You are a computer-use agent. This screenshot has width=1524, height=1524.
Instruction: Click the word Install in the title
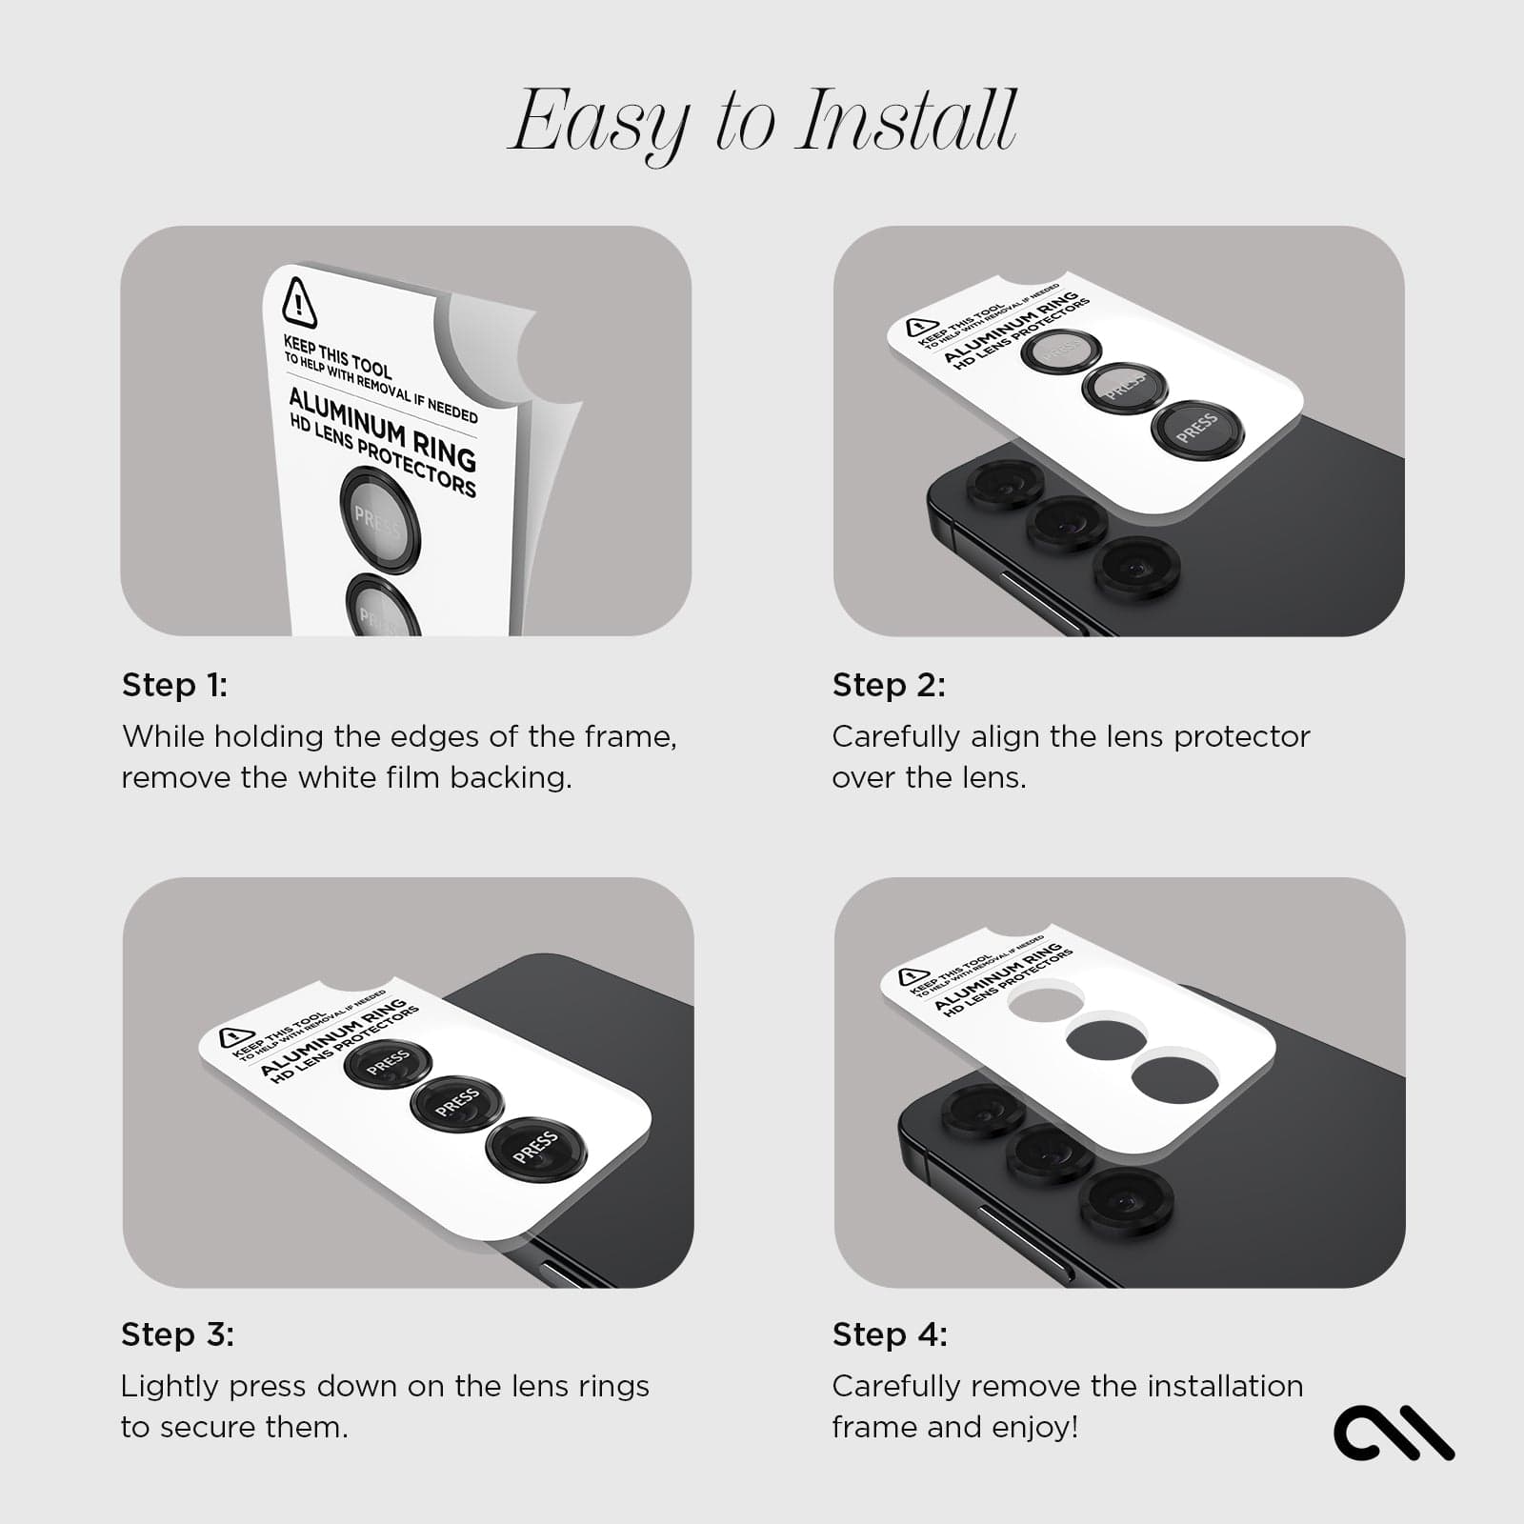coord(907,121)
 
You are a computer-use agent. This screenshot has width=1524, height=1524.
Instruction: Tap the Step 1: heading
coord(174,685)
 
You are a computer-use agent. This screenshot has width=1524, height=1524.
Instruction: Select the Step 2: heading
coord(889,685)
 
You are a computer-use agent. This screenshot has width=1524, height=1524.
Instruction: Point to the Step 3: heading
coord(177,1334)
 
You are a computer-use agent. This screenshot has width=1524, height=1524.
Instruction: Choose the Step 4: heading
coord(890,1334)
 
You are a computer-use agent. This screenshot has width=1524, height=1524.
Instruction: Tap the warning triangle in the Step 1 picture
coord(299,303)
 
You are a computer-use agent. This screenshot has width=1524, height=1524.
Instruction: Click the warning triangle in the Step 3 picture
coord(236,1037)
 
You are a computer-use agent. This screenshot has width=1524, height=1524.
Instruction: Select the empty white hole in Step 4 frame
coord(1046,1000)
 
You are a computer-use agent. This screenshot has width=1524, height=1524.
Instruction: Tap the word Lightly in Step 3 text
coord(169,1387)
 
